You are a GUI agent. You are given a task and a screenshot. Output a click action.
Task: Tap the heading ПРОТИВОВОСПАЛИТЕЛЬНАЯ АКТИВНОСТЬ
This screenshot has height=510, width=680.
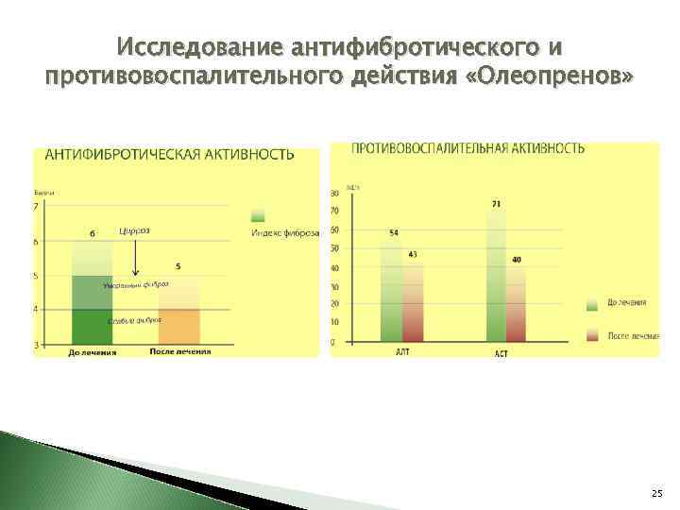pyautogui.click(x=467, y=148)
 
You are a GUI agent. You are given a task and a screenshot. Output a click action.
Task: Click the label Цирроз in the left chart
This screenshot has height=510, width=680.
pyautogui.click(x=134, y=229)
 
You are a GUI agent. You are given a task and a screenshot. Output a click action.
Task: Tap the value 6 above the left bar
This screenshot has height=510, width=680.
pyautogui.click(x=93, y=232)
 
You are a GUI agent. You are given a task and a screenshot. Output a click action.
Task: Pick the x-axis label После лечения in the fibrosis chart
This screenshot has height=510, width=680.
pyautogui.click(x=179, y=352)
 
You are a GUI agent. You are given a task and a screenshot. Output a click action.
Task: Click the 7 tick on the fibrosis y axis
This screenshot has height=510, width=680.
pyautogui.click(x=36, y=207)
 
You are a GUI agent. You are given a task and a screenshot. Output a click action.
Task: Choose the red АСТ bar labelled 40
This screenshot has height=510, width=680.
pyautogui.click(x=516, y=303)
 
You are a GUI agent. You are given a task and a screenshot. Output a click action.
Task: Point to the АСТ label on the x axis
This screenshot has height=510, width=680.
pyautogui.click(x=501, y=354)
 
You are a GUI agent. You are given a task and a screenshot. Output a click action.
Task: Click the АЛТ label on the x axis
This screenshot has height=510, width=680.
pyautogui.click(x=402, y=351)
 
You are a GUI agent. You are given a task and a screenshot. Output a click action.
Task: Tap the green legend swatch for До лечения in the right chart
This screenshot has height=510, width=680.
pyautogui.click(x=592, y=303)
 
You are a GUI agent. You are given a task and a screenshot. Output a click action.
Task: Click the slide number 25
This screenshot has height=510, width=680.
pyautogui.click(x=656, y=494)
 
